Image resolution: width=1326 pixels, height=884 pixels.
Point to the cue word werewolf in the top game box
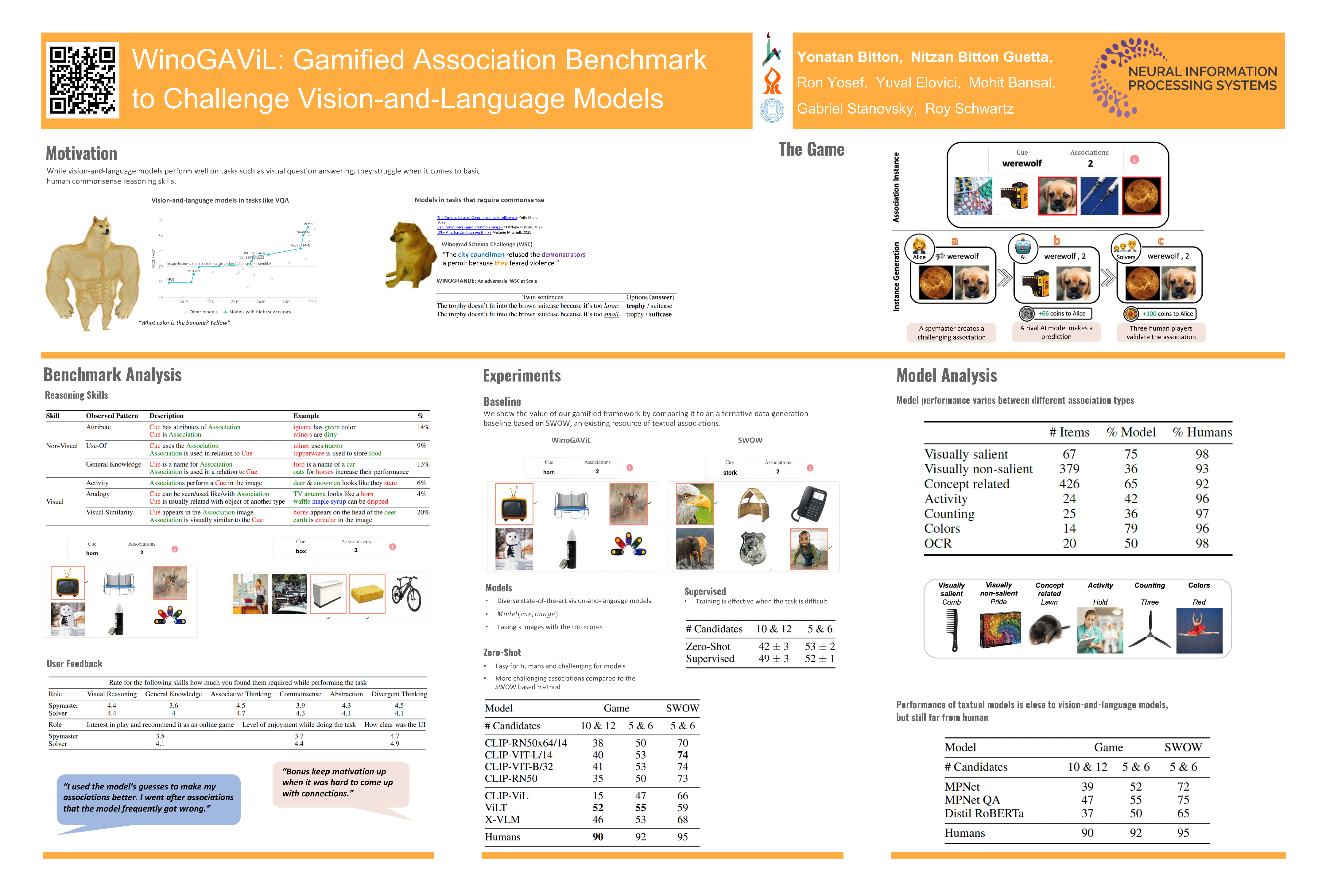tap(1022, 164)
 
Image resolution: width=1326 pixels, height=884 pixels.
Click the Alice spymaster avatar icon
tap(919, 248)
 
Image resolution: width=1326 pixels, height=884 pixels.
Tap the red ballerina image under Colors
tap(1199, 630)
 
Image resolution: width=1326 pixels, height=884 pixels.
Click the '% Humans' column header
tap(1202, 432)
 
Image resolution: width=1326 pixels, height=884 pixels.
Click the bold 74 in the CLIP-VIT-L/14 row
tap(682, 755)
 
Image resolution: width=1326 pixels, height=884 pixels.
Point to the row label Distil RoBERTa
tap(984, 813)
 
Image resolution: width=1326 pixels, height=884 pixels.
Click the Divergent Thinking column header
tap(399, 694)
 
